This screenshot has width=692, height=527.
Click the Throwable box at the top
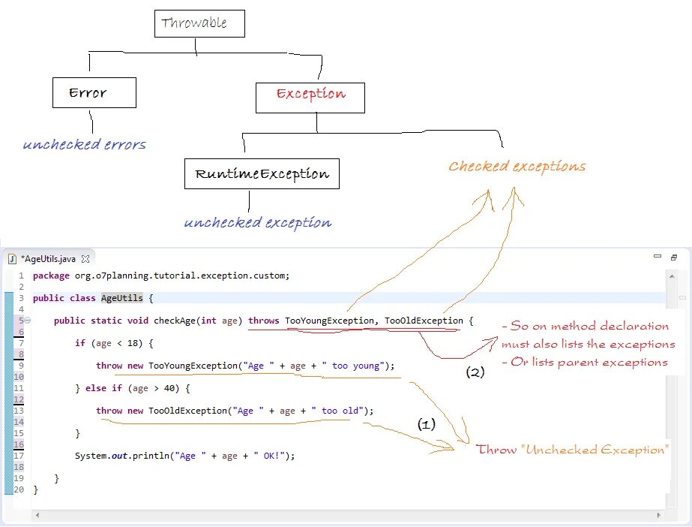[x=199, y=23]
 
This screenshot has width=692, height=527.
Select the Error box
[x=94, y=93]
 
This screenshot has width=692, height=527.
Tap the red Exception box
[x=310, y=94]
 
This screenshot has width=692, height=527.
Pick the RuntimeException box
[x=262, y=174]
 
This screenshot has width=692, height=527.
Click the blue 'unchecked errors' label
[x=84, y=144]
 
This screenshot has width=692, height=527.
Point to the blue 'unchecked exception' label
[x=257, y=222]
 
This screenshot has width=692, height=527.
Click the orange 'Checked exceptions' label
[x=517, y=166]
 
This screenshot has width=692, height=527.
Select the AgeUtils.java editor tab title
[x=49, y=259]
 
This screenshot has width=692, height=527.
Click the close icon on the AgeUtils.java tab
[x=85, y=259]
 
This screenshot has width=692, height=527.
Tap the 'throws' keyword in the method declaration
[x=264, y=321]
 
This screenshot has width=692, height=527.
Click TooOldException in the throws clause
[x=424, y=321]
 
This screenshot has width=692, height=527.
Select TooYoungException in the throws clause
[x=329, y=321]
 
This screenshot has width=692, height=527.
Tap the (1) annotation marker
[x=426, y=424]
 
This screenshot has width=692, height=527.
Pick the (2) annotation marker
[x=475, y=372]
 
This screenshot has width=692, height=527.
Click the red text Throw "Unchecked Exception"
[x=572, y=450]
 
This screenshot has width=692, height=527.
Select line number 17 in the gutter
[x=19, y=456]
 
